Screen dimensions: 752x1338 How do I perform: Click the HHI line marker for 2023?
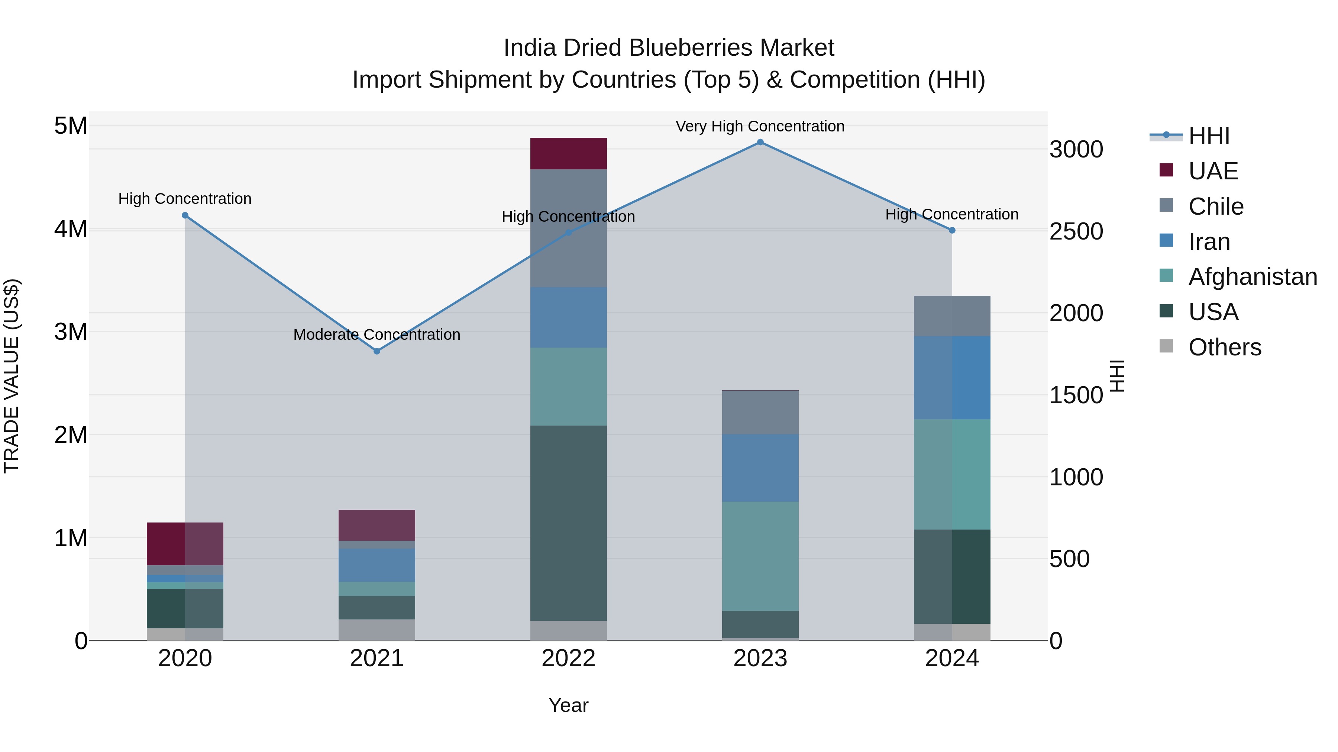tap(760, 142)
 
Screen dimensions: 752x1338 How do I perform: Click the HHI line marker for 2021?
tap(377, 351)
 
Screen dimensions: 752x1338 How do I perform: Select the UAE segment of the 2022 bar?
tap(568, 154)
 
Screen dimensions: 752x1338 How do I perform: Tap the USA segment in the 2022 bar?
tap(568, 523)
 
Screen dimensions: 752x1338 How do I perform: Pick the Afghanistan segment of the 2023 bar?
tap(760, 556)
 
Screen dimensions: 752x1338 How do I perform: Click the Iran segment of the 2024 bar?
tap(952, 378)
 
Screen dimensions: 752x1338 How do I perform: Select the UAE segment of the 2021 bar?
tap(377, 525)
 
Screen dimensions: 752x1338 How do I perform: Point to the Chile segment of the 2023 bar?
tap(760, 413)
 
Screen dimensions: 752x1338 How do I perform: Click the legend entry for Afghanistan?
tap(1252, 277)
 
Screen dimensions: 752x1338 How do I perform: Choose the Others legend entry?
tap(1224, 347)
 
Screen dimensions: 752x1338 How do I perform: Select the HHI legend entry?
tap(1209, 136)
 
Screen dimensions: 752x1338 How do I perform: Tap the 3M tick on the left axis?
tap(71, 332)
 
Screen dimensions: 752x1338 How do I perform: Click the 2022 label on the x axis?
tap(568, 658)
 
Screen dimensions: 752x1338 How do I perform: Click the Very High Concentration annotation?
tap(760, 126)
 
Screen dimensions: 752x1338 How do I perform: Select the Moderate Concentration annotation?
tap(377, 335)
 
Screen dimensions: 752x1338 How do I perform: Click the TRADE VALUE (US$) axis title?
tap(12, 376)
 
